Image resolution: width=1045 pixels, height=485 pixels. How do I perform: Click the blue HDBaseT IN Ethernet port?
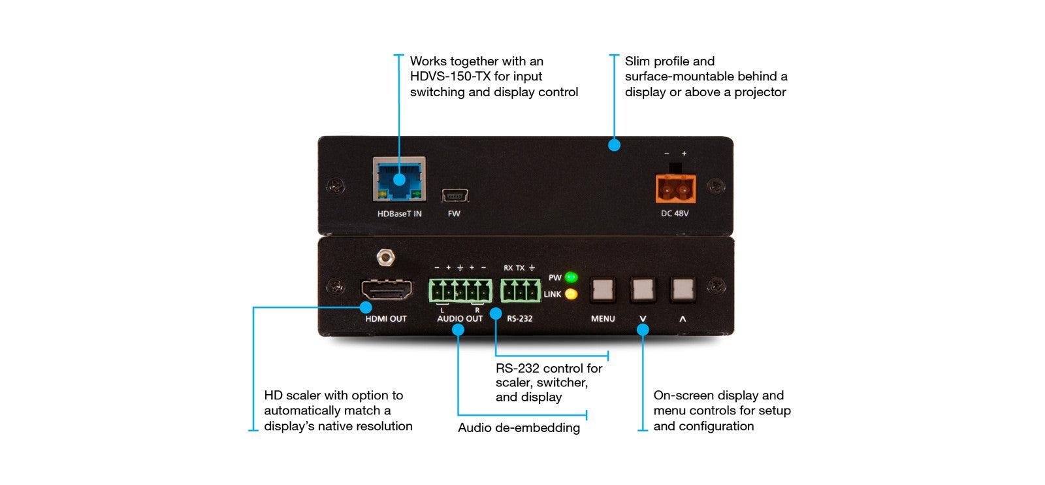click(399, 179)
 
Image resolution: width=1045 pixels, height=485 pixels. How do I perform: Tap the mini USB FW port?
click(455, 195)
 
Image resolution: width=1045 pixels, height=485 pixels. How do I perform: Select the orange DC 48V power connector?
click(675, 190)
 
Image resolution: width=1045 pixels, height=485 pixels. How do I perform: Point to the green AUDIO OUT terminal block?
click(460, 290)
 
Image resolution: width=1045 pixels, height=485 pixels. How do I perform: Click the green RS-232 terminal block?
click(520, 290)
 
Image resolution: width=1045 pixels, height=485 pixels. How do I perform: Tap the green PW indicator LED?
click(571, 277)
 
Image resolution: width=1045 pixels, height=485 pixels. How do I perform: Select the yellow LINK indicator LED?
click(571, 294)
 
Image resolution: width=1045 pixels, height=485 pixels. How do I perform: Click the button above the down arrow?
click(643, 289)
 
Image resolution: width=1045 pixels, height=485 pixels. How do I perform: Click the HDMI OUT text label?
click(385, 319)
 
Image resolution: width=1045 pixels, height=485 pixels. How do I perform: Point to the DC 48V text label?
click(675, 214)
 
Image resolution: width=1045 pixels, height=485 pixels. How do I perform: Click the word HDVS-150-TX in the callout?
click(450, 76)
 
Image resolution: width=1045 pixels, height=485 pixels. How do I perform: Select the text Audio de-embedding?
click(519, 428)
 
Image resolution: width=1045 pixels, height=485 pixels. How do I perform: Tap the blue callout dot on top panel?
click(614, 145)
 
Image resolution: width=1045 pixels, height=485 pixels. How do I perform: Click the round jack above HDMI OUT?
click(387, 257)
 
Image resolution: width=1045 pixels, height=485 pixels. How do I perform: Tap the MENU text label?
click(603, 319)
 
